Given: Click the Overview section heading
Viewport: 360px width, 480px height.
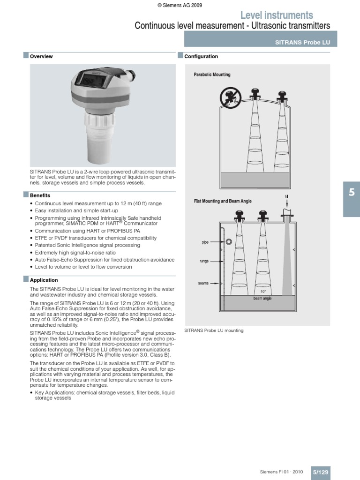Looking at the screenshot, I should tap(41, 56).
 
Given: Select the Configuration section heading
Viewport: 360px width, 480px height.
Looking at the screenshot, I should tap(201, 56).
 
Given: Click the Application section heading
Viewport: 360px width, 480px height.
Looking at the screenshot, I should tap(44, 280).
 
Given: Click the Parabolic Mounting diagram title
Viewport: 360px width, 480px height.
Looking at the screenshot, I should tap(212, 75).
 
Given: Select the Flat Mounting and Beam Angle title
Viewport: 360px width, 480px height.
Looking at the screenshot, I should tap(223, 201).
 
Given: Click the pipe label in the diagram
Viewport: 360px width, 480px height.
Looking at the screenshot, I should tap(204, 242).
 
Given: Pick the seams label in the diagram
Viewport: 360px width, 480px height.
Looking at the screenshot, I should tap(203, 283).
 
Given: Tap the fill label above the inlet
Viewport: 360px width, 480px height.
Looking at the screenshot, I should tap(286, 196).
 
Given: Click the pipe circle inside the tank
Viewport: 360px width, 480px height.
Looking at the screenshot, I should tap(228, 242).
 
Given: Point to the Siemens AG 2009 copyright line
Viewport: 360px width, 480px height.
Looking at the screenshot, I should tap(180, 5).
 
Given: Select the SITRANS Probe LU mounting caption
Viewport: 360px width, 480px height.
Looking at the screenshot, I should tap(214, 330).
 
